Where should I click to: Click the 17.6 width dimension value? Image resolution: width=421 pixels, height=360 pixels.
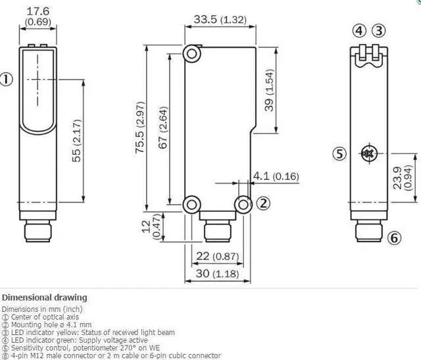[38, 11]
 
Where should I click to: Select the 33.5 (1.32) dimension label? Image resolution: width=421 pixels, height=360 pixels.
[220, 20]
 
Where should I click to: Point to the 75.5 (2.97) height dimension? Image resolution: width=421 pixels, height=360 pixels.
[140, 127]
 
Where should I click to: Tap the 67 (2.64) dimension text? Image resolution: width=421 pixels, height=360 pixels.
[163, 128]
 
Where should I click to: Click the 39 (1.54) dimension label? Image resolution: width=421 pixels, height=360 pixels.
[269, 90]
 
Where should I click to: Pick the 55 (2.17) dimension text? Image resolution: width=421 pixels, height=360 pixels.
[76, 140]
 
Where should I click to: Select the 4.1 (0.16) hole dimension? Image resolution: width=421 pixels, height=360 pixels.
[276, 176]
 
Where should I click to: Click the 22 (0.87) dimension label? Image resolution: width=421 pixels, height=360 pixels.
[218, 256]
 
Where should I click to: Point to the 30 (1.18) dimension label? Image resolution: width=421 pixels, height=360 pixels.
[218, 274]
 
